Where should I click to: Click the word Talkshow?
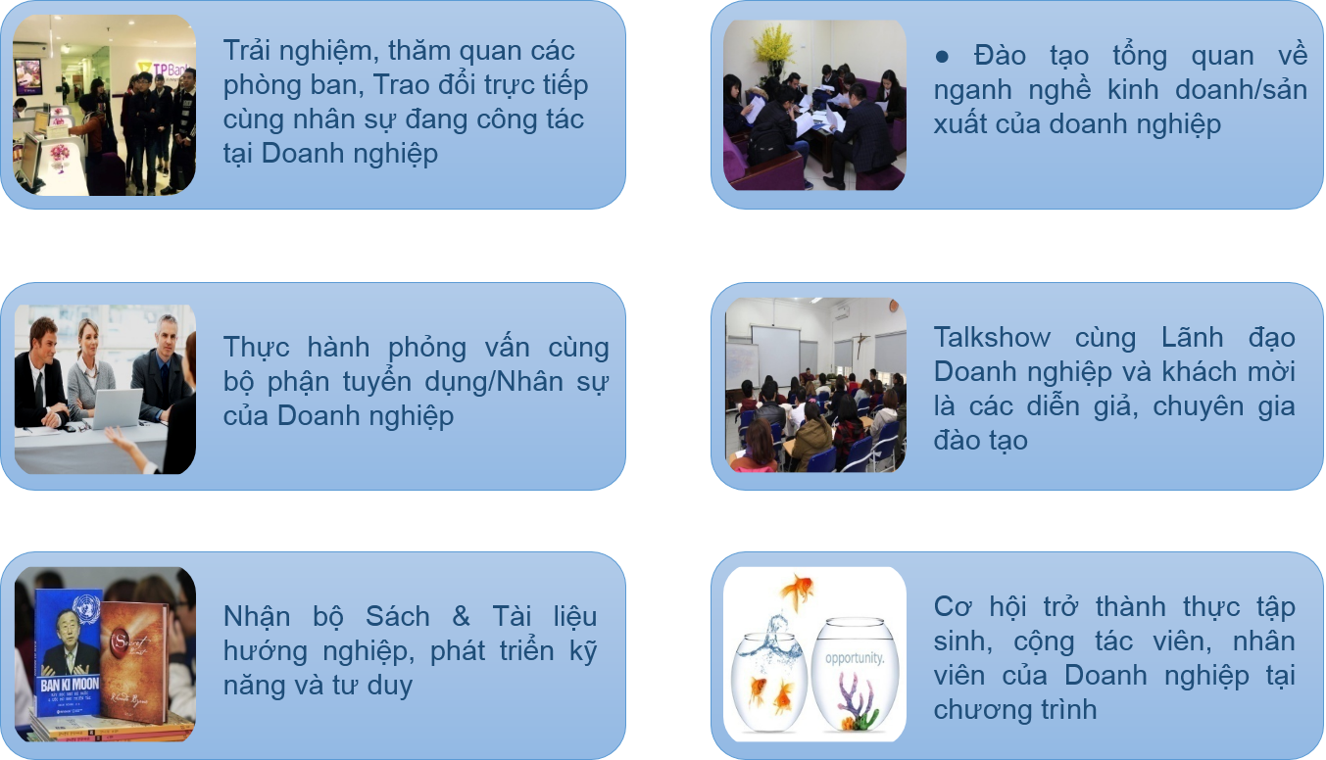[x=992, y=338]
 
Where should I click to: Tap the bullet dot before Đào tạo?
[x=942, y=57]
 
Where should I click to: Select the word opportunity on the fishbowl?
[x=855, y=658]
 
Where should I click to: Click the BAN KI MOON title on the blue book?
[x=70, y=685]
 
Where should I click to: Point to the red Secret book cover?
[x=134, y=662]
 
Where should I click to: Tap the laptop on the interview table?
[x=118, y=408]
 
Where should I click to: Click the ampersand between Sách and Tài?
[x=461, y=616]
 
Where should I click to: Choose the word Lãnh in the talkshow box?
[x=1192, y=338]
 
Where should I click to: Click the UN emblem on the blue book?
[x=86, y=608]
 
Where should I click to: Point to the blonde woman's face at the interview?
[x=89, y=338]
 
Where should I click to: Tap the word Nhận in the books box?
[x=257, y=616]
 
